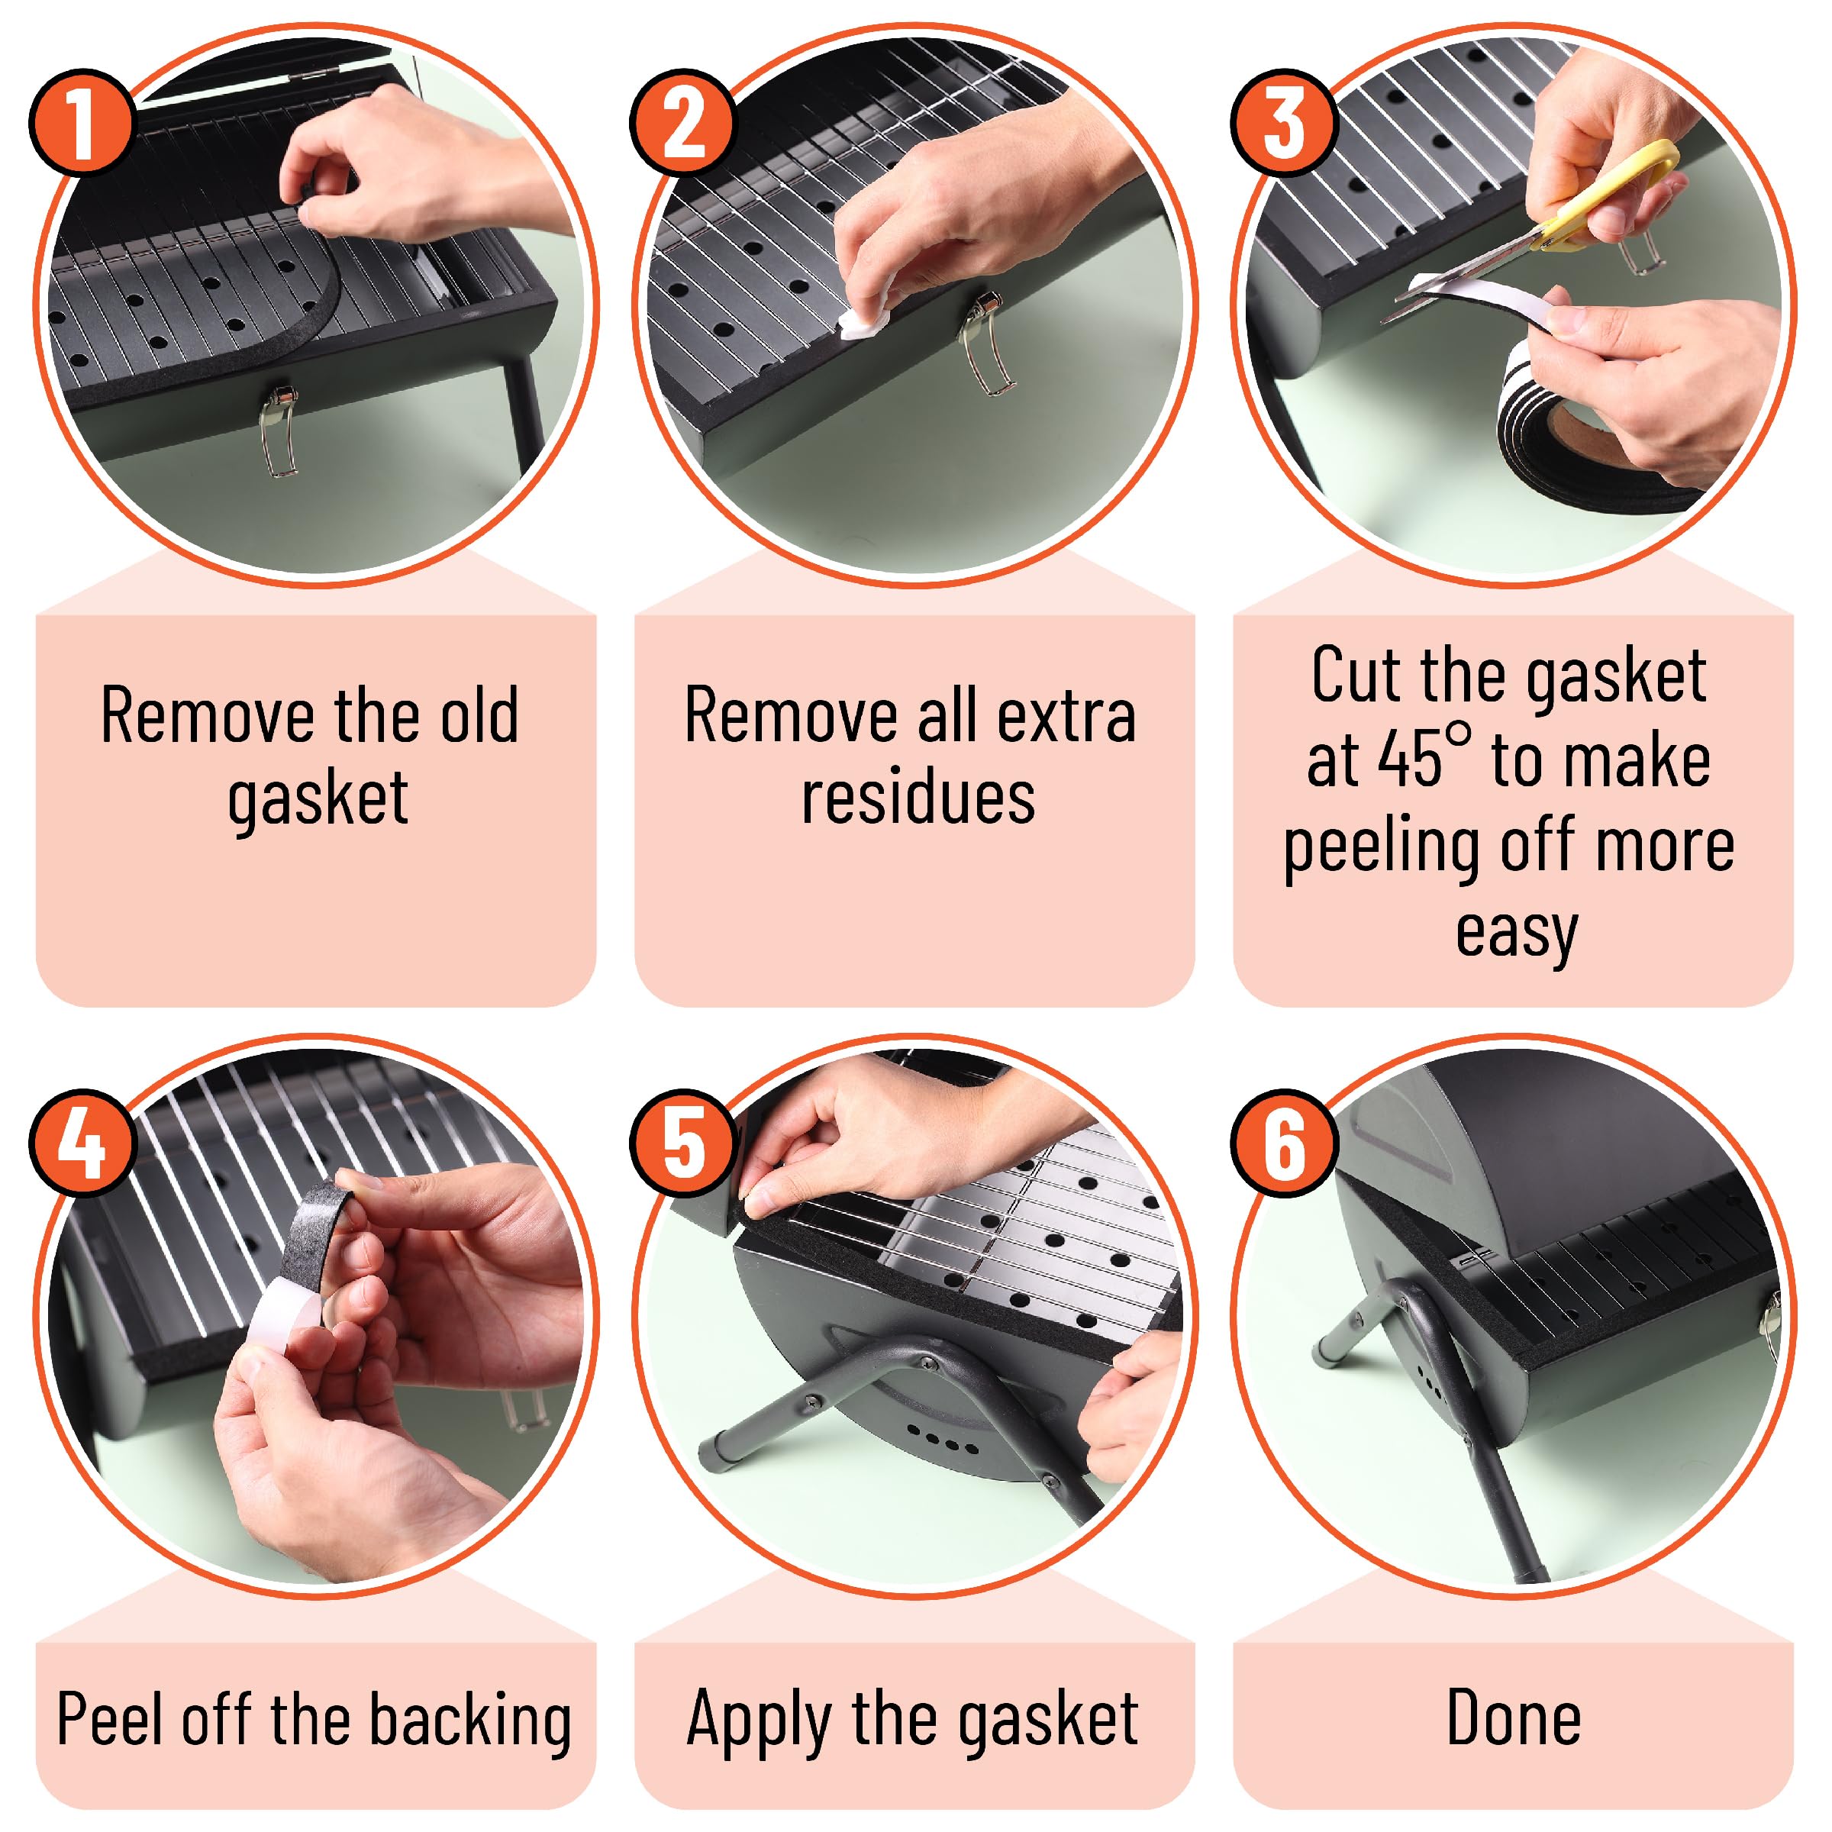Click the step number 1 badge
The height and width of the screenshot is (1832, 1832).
(x=82, y=122)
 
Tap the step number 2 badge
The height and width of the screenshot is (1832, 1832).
(x=682, y=122)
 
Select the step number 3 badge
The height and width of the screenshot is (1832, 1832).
(x=1284, y=122)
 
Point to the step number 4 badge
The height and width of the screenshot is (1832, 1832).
(x=82, y=1143)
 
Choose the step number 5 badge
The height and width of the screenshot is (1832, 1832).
(x=682, y=1143)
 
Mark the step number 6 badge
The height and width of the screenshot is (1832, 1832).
(x=1284, y=1143)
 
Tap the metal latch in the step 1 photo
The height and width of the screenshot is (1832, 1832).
(x=278, y=431)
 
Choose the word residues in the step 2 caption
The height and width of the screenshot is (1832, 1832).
(x=918, y=796)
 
